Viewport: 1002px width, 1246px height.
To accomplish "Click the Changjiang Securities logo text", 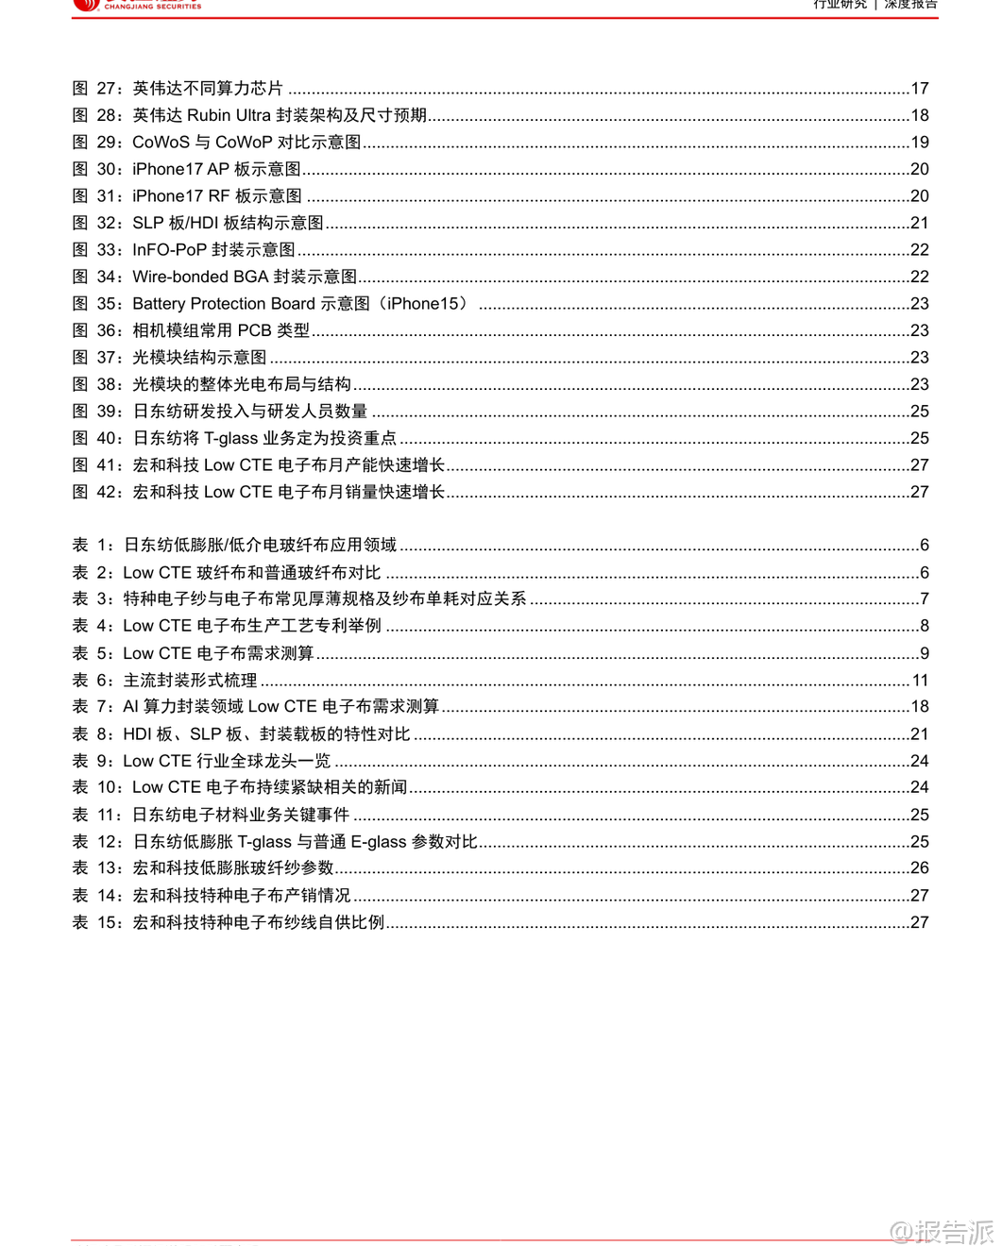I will (x=152, y=6).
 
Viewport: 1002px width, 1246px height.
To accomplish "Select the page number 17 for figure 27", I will (x=919, y=89).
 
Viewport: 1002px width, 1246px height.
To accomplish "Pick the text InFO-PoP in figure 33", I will (x=169, y=250).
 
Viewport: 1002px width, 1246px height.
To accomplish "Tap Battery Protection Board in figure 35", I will (x=224, y=304).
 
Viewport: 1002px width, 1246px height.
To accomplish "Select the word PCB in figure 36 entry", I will (x=254, y=330).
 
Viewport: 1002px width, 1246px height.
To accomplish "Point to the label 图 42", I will (x=96, y=492).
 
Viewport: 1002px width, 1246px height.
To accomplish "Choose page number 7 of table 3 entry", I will (x=924, y=598).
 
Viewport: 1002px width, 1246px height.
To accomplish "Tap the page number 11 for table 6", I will (x=920, y=680).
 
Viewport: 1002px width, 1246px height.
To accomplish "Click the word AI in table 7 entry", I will (x=130, y=706).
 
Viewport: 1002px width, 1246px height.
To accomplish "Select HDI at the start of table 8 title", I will (x=138, y=733).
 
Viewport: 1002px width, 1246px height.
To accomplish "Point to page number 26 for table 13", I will (x=919, y=867).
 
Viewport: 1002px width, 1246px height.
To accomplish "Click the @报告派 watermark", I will (x=942, y=1231).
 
